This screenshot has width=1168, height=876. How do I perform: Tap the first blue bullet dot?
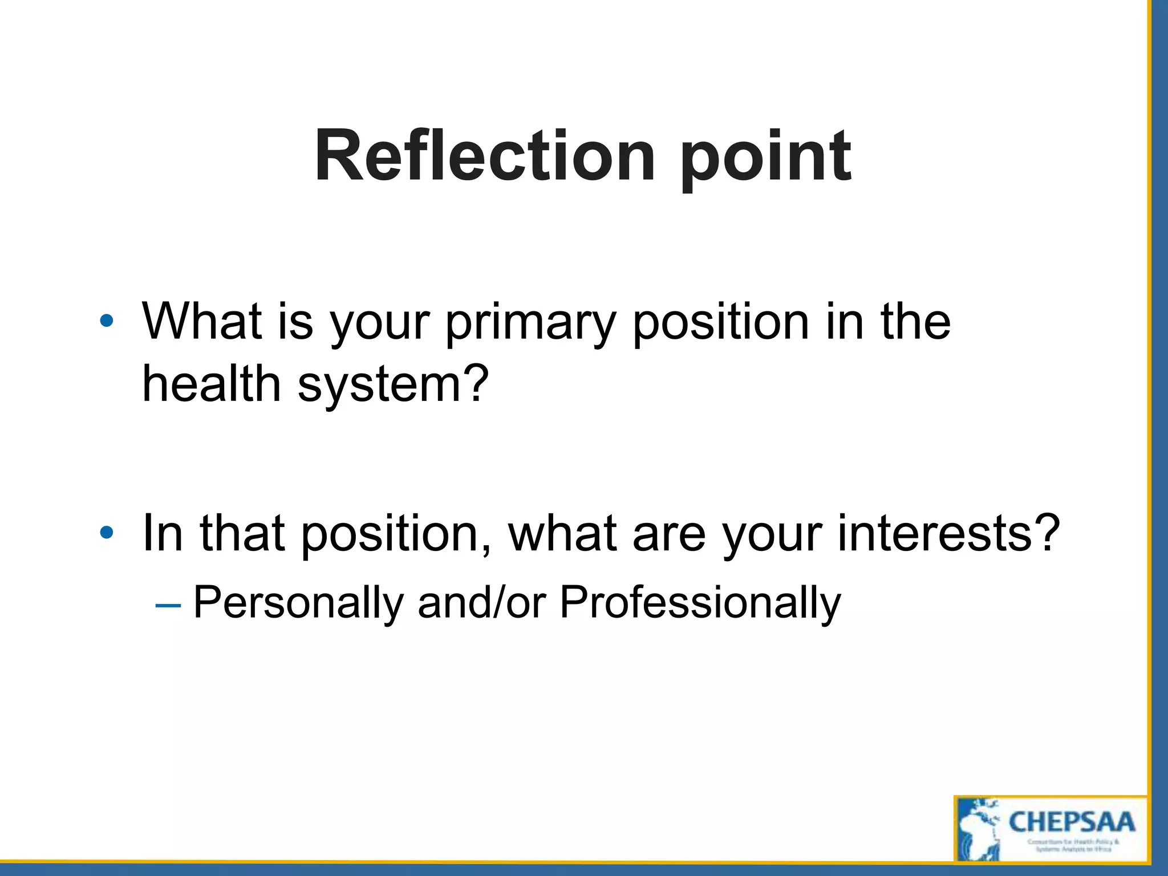[106, 321]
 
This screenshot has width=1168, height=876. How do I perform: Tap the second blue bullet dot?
[106, 533]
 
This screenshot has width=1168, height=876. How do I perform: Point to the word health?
[212, 384]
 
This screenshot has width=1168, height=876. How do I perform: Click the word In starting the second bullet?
[163, 533]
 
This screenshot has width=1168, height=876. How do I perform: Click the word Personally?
[298, 603]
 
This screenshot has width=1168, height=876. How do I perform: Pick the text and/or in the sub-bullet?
[482, 602]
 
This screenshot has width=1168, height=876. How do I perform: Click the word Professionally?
[700, 603]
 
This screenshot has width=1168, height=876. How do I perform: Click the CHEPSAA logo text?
[1072, 822]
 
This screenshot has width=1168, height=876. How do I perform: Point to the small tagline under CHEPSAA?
[1073, 845]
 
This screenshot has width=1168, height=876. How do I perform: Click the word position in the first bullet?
[720, 323]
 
